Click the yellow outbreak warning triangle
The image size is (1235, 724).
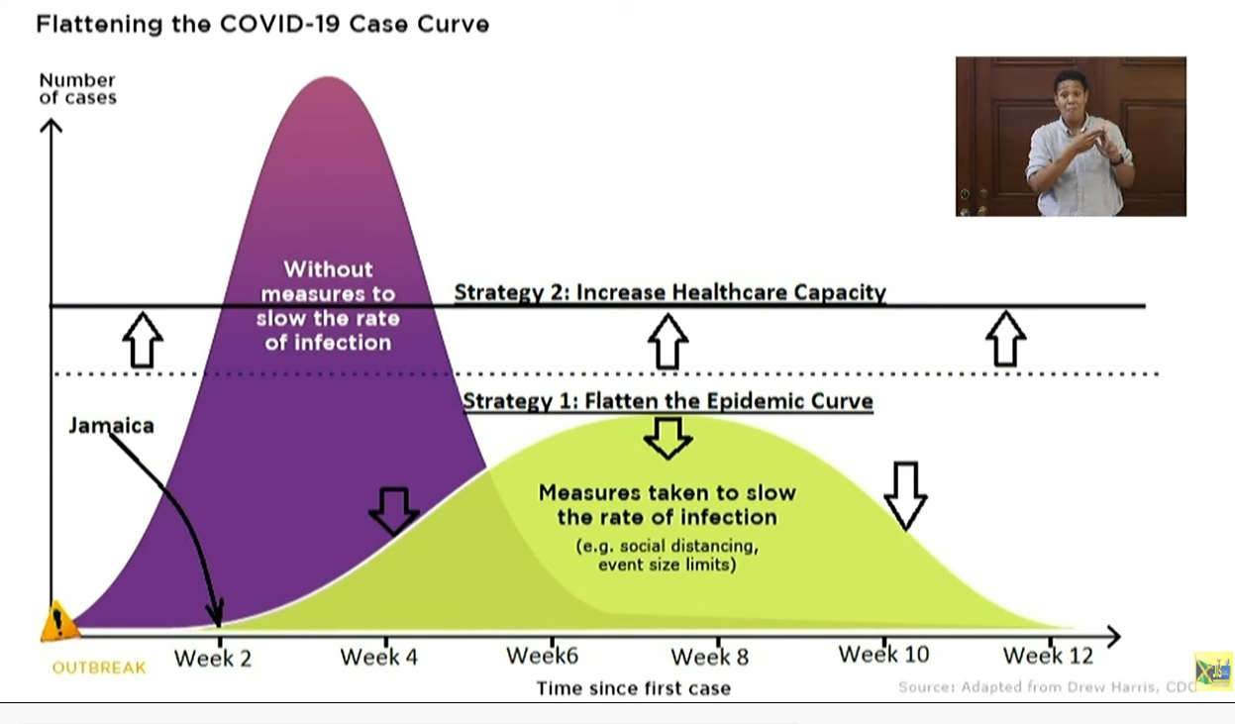pos(59,622)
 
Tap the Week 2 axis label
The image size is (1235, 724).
pos(213,658)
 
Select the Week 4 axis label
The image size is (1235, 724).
pos(379,657)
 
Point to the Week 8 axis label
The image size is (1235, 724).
pos(710,657)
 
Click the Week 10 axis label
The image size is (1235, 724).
pos(883,655)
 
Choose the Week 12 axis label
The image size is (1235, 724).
pos(1048,656)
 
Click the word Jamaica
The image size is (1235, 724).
pos(111,426)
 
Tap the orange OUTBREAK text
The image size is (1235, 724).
pos(99,668)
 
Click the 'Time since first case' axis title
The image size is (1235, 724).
pos(633,687)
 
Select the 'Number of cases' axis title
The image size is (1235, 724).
pos(77,88)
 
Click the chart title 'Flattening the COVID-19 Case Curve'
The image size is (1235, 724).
pos(262,24)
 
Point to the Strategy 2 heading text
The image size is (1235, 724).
pos(669,292)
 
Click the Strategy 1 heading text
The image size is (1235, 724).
pos(668,401)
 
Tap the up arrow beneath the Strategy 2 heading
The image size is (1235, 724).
pos(668,342)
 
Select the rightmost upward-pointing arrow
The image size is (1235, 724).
pos(1005,339)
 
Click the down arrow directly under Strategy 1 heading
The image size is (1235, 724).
pos(669,437)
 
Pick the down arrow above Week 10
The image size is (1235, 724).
pos(904,494)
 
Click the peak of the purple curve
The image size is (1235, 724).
pos(328,79)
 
